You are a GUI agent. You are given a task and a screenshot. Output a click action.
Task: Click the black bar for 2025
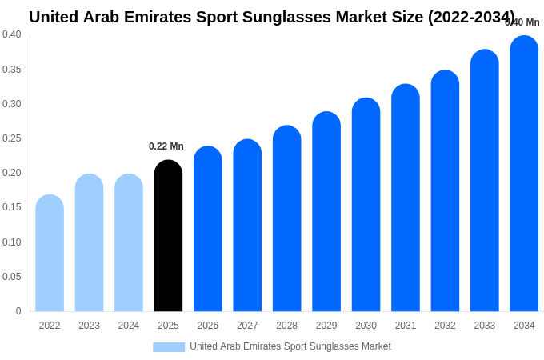[x=168, y=236]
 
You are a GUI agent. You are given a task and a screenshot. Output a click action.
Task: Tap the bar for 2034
[x=524, y=174]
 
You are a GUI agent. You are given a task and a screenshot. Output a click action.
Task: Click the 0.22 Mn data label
[x=166, y=146]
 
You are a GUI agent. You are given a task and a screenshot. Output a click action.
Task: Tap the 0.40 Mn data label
[x=522, y=22]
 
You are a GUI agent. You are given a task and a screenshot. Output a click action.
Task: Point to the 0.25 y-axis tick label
[x=12, y=138]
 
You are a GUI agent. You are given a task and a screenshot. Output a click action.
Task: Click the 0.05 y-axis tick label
[x=12, y=277]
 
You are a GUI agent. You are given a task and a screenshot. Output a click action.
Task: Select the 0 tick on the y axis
[x=18, y=311]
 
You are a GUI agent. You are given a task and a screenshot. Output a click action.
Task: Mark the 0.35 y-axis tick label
[x=12, y=70]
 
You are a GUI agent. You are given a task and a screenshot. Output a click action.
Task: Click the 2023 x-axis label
[x=89, y=326]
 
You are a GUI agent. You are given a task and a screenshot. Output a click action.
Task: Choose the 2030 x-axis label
[x=366, y=326]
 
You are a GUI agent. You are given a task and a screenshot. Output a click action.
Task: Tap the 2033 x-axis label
[x=484, y=326]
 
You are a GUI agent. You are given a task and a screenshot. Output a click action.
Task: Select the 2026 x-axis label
[x=208, y=326]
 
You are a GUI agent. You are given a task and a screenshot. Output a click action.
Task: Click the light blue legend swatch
[x=169, y=347]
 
